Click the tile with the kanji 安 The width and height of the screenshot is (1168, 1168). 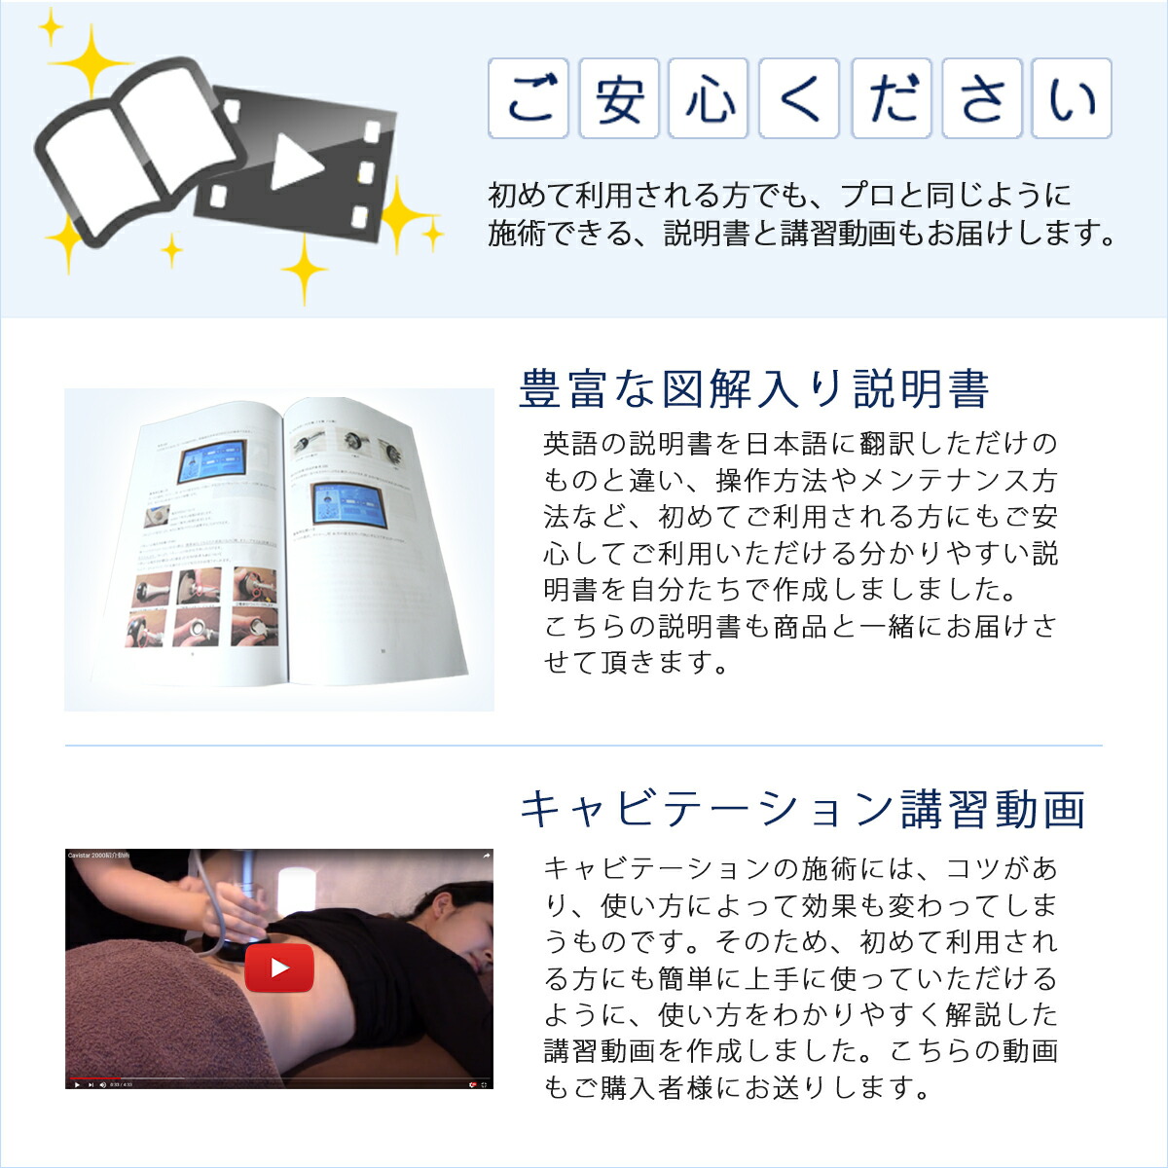[x=620, y=98]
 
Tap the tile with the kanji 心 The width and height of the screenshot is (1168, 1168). [x=710, y=98]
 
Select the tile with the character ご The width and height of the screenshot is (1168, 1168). [x=529, y=98]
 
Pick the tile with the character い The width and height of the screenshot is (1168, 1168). [x=1072, y=98]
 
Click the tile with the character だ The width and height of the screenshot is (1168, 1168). [x=892, y=98]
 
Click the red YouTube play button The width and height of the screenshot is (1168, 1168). [x=279, y=967]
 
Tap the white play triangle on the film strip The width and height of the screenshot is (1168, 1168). [x=295, y=162]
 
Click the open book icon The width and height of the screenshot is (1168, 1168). [x=136, y=151]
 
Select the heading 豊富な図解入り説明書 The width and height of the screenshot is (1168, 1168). [x=754, y=389]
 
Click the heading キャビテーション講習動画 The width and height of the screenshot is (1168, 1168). [x=803, y=810]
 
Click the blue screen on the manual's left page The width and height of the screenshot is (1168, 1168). [x=212, y=462]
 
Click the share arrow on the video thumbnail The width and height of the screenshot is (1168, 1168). [x=486, y=856]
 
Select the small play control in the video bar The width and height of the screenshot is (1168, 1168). [x=77, y=1084]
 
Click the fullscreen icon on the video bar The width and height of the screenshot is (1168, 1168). [x=485, y=1084]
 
